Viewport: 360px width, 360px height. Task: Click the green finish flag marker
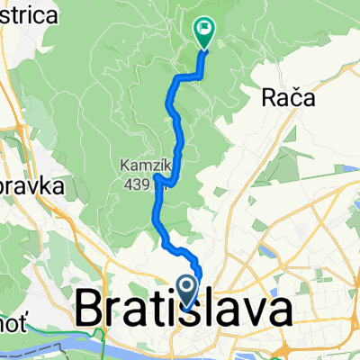(204, 32)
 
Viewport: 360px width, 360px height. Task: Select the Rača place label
(290, 97)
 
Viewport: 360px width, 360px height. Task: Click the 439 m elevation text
(144, 179)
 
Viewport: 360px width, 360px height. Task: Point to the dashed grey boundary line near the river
(54, 346)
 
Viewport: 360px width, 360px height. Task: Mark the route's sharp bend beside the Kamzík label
(158, 181)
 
